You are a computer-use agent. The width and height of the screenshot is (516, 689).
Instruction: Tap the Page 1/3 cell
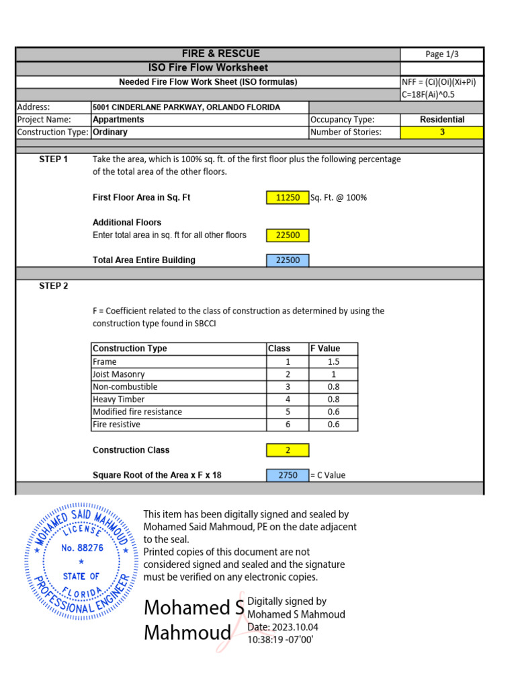[441, 55]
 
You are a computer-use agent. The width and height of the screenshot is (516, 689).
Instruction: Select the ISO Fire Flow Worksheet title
[208, 67]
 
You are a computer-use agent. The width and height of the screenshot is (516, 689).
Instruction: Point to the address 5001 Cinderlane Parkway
[186, 107]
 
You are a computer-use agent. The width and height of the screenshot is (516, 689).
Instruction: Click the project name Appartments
[118, 120]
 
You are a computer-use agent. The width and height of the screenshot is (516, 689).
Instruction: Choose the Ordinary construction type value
[110, 133]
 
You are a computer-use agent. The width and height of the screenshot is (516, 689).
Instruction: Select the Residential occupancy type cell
[441, 120]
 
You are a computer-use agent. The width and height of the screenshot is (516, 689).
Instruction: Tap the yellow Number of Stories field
[441, 133]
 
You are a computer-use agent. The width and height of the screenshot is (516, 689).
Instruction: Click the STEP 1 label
[53, 159]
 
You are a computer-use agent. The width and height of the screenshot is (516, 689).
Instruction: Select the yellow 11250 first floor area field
[288, 198]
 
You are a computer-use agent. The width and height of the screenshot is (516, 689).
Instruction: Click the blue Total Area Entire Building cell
[288, 260]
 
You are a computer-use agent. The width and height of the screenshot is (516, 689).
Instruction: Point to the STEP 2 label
[53, 286]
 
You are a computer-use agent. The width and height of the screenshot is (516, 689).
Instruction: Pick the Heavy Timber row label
[118, 399]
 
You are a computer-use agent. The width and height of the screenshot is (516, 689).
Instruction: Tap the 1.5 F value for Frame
[333, 361]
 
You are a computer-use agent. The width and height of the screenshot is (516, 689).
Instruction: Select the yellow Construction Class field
[288, 450]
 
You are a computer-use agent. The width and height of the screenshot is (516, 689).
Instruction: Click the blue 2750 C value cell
[288, 475]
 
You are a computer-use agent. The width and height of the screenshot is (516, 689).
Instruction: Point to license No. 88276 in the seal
[82, 548]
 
